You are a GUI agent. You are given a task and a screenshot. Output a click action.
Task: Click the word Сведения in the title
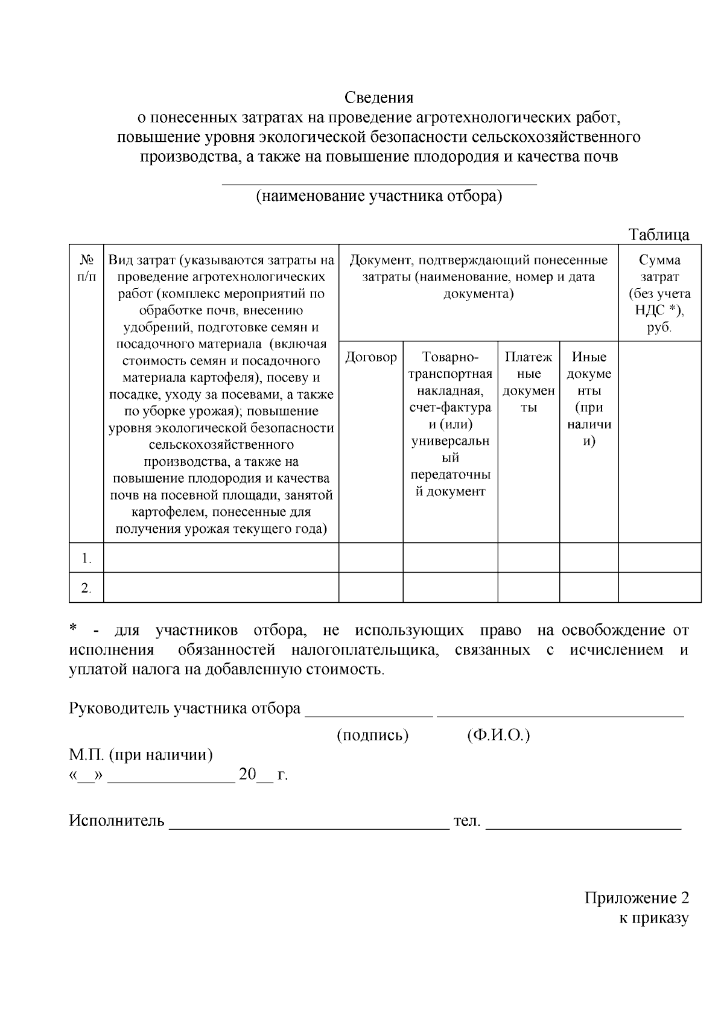[379, 97]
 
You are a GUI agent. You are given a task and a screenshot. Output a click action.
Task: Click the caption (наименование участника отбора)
[379, 196]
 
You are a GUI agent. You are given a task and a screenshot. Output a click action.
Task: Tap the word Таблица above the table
[658, 235]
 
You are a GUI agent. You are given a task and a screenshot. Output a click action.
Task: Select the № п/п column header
[86, 269]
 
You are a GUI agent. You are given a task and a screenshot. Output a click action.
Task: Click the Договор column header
[370, 357]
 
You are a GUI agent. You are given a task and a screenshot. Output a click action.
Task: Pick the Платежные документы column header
[529, 382]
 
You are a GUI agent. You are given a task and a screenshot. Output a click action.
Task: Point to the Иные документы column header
[589, 398]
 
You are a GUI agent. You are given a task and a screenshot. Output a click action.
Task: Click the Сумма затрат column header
[659, 293]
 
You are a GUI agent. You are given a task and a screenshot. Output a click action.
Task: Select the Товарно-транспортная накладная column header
[450, 424]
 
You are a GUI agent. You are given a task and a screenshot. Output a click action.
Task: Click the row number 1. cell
[86, 558]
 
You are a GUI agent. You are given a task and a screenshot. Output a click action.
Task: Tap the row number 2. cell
[86, 588]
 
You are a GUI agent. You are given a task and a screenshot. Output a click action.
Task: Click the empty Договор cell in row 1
[370, 558]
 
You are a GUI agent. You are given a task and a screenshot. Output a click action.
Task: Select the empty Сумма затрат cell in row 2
[659, 588]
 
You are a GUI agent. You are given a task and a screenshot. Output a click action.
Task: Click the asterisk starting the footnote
[73, 629]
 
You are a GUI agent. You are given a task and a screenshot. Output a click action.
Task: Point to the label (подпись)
[372, 736]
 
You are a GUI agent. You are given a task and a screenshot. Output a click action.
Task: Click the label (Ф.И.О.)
[498, 736]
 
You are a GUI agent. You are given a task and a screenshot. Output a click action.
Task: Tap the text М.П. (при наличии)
[141, 755]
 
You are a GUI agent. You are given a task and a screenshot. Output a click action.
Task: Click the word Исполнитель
[116, 821]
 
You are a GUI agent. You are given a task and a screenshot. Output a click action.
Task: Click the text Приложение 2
[637, 898]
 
